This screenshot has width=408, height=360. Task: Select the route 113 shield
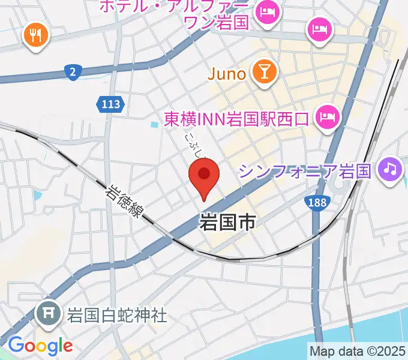pos(110,105)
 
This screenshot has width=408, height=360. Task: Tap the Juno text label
pos(227,74)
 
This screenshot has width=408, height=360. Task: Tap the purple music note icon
pos(390,170)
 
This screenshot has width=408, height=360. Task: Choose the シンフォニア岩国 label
pos(306,172)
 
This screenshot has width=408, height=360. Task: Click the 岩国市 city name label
pos(226,223)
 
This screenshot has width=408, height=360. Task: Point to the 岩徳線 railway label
pos(124,202)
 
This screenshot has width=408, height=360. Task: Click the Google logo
pos(40,346)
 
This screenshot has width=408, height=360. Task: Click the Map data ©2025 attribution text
pos(358,350)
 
